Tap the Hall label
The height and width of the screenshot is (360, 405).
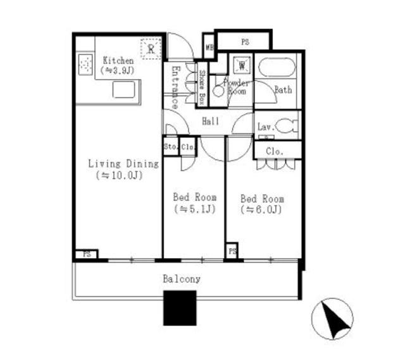pyautogui.click(x=211, y=121)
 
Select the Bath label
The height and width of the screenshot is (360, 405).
pyautogui.click(x=283, y=90)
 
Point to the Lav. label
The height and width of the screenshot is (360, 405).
pyautogui.click(x=265, y=127)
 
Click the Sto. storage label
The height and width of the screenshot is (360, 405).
pyautogui.click(x=170, y=147)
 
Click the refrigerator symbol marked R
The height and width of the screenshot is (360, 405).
pyautogui.click(x=151, y=48)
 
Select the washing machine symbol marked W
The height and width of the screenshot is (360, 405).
pyautogui.click(x=242, y=66)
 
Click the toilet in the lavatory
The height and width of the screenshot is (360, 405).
pyautogui.click(x=285, y=125)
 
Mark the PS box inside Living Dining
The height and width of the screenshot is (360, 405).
pyautogui.click(x=85, y=254)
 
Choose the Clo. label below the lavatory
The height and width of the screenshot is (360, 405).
pyautogui.click(x=275, y=151)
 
